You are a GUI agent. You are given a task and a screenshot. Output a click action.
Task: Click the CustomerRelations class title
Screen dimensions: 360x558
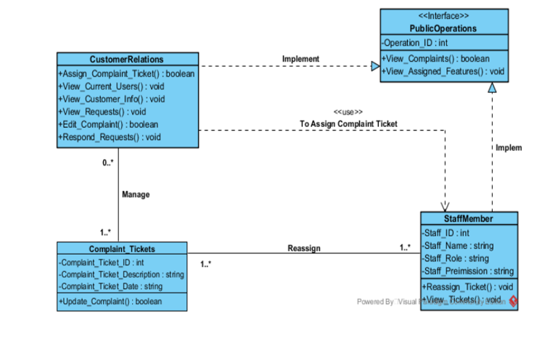127,60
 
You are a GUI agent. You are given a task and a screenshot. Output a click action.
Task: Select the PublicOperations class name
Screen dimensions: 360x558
443,28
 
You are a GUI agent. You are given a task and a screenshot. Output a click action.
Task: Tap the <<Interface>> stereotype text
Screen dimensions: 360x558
443,16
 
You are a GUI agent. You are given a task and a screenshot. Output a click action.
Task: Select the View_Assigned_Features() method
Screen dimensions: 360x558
443,71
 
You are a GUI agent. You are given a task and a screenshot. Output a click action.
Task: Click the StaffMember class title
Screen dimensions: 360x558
468,219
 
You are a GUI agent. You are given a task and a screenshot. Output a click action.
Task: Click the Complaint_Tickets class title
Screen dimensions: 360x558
121,249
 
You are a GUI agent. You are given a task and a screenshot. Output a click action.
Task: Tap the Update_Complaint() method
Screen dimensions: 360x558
110,301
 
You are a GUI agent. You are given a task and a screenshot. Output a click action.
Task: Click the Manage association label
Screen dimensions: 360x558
136,195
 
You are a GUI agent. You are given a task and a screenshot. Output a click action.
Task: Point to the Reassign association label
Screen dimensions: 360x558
303,248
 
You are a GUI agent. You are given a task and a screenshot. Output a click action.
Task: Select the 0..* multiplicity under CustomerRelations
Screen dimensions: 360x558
107,163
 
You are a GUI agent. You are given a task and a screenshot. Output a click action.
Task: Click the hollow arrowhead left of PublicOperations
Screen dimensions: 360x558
375,67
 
